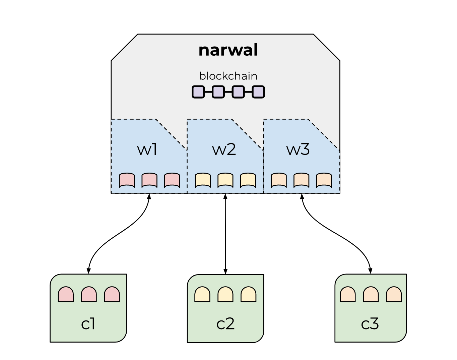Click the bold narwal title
tap(228, 50)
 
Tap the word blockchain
tap(228, 76)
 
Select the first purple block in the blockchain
tap(198, 92)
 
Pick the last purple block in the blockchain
tap(258, 92)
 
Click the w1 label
tap(147, 149)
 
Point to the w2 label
tap(224, 149)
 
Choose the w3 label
tap(298, 149)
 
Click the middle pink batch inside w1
tap(149, 180)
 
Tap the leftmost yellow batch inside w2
tap(203, 180)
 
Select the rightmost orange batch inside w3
tap(324, 180)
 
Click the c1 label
tap(88, 324)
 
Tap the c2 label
tap(225, 324)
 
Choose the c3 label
tap(370, 324)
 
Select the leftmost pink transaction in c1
tap(66, 295)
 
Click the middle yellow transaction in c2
tap(225, 295)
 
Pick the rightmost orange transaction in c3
tap(394, 295)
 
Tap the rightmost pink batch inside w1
tap(172, 180)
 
